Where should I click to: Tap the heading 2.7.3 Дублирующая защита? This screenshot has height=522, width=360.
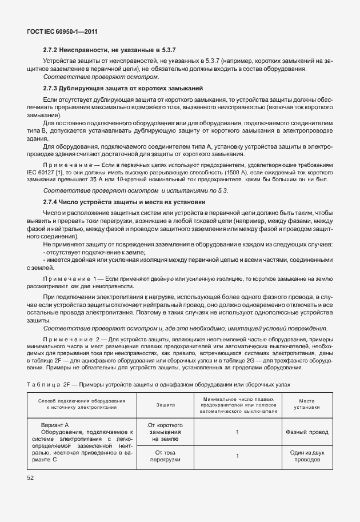(123, 89)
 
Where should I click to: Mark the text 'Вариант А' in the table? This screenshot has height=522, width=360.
(55, 425)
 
